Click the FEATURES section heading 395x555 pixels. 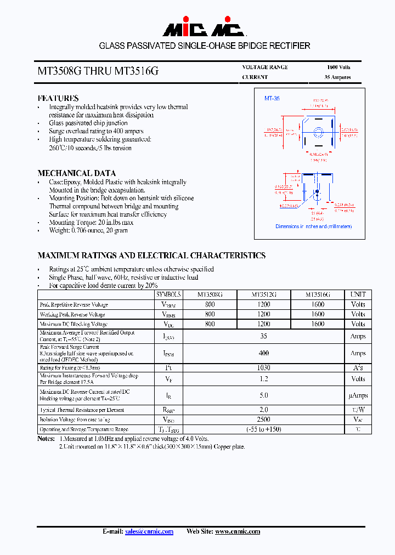coord(58,98)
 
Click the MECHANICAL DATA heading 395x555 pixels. coord(76,173)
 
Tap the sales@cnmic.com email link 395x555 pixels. coord(149,531)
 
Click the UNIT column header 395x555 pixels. coord(358,295)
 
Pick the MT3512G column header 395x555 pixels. coord(263,295)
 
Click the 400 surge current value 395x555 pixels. coord(263,353)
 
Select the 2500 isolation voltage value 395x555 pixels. coord(263,420)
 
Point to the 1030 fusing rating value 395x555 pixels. coord(263,368)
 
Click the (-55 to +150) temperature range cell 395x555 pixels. coord(263,429)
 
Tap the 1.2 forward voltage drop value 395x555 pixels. coord(263,379)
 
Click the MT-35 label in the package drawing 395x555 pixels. coord(272,98)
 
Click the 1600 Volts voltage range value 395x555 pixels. coord(337,67)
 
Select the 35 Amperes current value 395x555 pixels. coord(337,77)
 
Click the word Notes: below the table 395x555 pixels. coord(46,439)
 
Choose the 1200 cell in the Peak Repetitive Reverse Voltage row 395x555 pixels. coord(263,304)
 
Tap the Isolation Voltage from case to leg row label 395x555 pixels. coord(75,420)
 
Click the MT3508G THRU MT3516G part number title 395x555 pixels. coord(99,71)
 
